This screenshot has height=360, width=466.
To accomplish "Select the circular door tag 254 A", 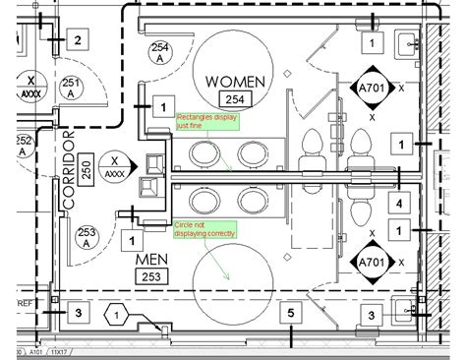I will pos(159,52).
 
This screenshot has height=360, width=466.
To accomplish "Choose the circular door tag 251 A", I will pos(70,89).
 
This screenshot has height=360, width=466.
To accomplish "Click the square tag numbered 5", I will pos(290,314).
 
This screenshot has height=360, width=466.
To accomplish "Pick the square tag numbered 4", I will pos(398,204).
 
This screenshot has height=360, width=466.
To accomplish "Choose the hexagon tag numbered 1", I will pos(116,315).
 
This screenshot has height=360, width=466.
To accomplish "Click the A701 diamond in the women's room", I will pos(372,87).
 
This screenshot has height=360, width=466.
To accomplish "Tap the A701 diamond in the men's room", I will pos(372,263).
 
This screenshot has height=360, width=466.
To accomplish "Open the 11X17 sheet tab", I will pos(58,351).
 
